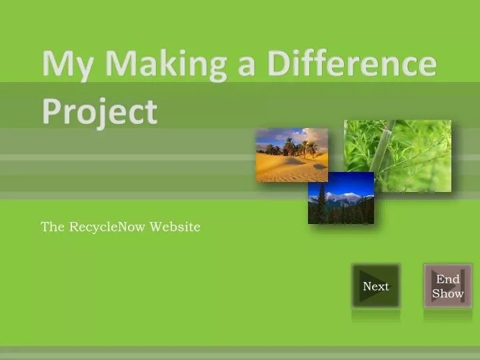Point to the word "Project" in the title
(x=100, y=111)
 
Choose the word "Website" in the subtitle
(x=175, y=227)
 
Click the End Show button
(x=447, y=286)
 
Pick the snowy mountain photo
(x=341, y=198)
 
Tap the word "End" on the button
(x=447, y=279)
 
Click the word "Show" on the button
(x=447, y=293)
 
